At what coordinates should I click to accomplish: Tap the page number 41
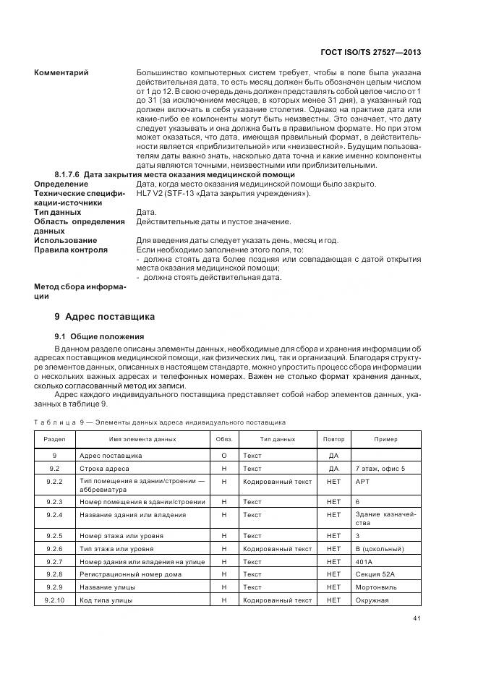coord(417,617)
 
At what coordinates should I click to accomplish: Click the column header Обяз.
coord(223,439)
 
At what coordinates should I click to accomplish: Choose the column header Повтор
coord(333,439)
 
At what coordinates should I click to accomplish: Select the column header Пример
coord(385,439)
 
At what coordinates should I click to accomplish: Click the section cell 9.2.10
coord(55,600)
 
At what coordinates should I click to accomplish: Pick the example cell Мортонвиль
coord(376,587)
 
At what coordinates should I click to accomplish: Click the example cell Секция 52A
coord(375,574)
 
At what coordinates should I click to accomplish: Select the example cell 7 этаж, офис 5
coord(380,469)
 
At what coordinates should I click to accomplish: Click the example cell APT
coord(362,481)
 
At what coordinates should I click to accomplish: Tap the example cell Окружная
coord(372,600)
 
